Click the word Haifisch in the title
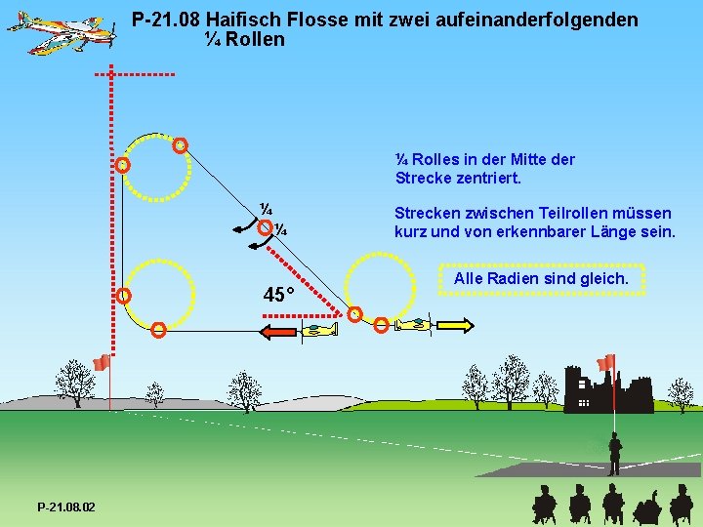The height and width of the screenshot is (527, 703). coord(237,20)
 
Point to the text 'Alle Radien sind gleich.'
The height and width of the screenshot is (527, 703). coord(541,279)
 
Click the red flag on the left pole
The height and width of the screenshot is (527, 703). coord(101,363)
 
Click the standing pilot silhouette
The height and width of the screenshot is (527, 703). coord(614,454)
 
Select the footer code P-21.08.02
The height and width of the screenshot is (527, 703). coord(65,507)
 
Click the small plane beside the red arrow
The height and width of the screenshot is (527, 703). coord(319,332)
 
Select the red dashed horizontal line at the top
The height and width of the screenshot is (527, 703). coord(136,74)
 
